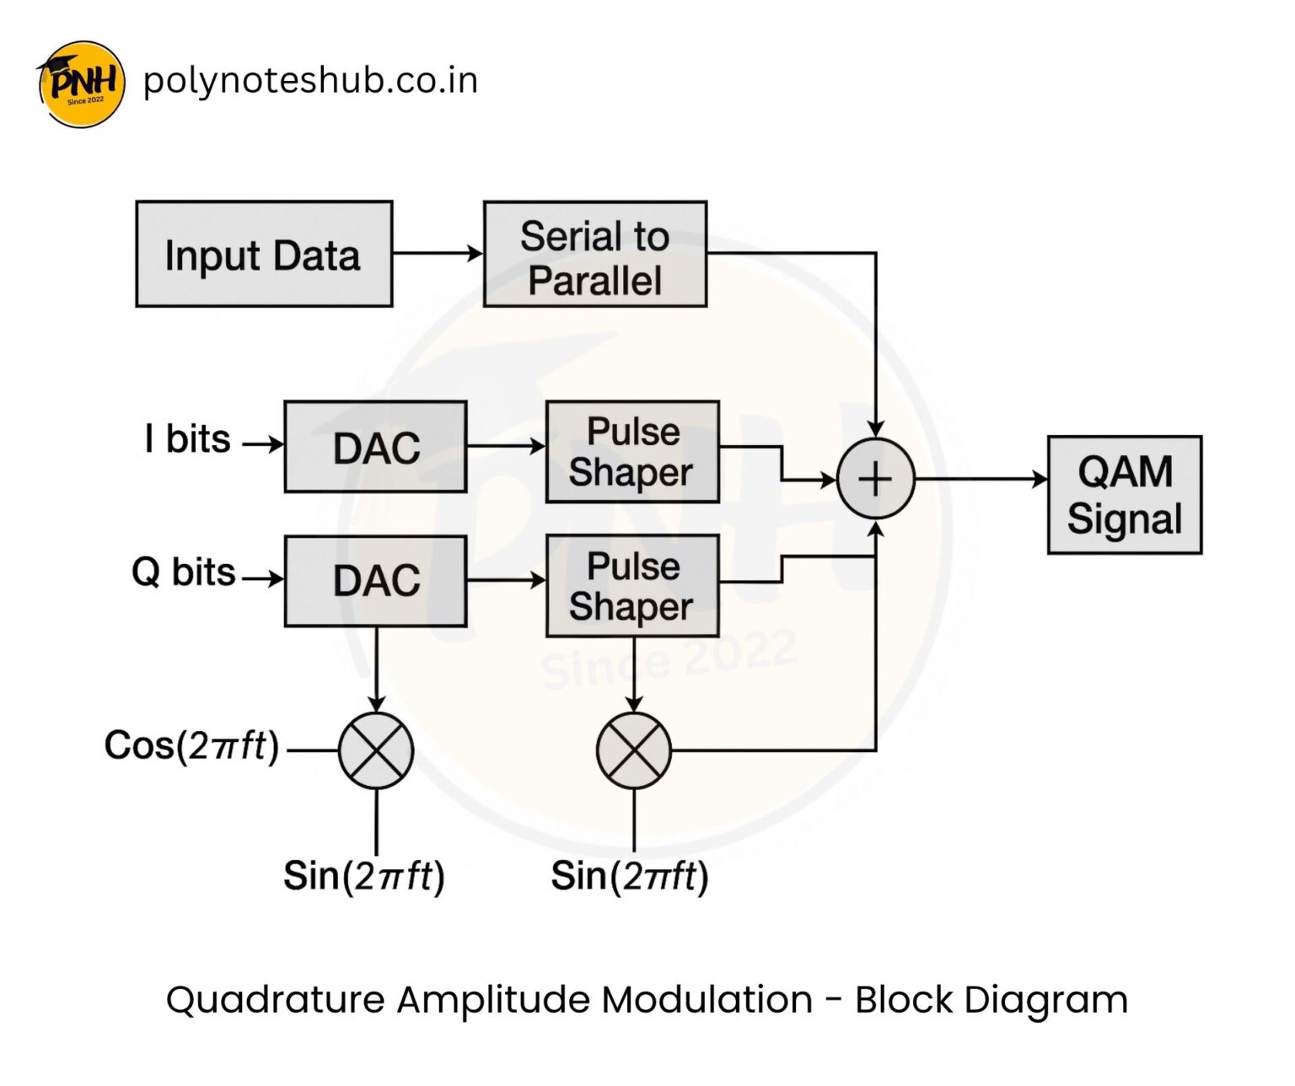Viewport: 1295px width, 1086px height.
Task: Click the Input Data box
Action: click(264, 254)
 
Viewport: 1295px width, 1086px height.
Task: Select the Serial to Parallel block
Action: click(594, 254)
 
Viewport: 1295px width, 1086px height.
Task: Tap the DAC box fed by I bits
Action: click(375, 447)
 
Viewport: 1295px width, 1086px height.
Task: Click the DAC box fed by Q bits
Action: click(375, 581)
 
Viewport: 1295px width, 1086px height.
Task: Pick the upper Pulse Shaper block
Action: click(632, 452)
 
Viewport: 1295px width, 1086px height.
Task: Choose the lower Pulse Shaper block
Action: click(632, 586)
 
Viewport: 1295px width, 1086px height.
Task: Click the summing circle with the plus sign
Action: click(875, 479)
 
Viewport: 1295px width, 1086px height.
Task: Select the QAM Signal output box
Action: click(1124, 495)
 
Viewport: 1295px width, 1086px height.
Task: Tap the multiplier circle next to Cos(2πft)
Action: click(376, 750)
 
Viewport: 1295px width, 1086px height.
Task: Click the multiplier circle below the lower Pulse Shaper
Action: click(634, 750)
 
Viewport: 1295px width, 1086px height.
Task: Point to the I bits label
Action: click(187, 439)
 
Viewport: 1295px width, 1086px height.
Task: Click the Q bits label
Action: click(183, 573)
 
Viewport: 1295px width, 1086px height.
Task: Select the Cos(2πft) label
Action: click(191, 745)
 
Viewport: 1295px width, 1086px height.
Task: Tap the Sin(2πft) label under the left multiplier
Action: click(363, 876)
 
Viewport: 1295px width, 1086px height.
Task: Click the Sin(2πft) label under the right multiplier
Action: click(629, 876)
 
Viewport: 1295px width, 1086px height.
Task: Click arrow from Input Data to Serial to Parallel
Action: click(437, 253)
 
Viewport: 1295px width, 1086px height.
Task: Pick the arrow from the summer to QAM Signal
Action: click(981, 479)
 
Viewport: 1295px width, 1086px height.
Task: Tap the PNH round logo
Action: click(81, 84)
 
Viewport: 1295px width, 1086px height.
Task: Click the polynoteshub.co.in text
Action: click(310, 81)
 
